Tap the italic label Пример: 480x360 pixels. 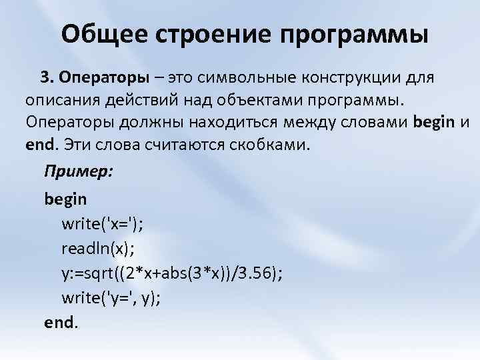79,171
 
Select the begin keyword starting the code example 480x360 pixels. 65,199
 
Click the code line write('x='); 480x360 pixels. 103,224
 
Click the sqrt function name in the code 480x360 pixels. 110,273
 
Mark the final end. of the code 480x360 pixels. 61,323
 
